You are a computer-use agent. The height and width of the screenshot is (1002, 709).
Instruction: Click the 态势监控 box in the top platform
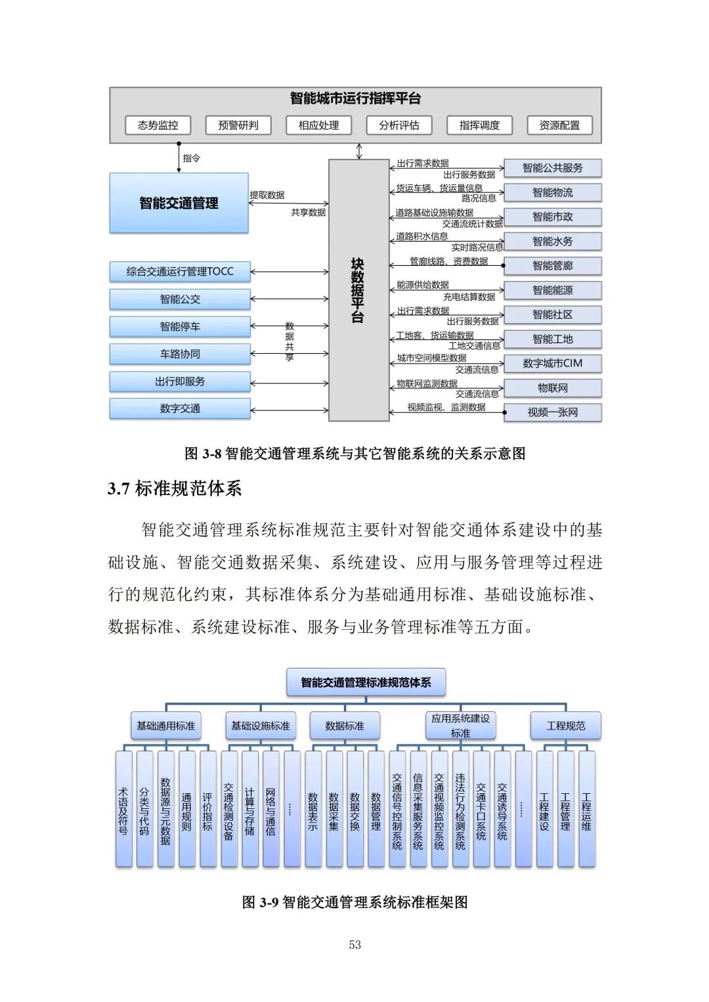158,125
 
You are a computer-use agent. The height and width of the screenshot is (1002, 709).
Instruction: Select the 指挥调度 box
479,125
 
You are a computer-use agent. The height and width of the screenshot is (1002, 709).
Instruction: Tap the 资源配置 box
559,125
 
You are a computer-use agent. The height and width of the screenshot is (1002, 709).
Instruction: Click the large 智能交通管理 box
179,203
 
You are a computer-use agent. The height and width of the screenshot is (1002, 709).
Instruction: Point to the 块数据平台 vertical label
357,290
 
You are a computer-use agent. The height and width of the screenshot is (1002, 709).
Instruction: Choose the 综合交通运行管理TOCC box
180,271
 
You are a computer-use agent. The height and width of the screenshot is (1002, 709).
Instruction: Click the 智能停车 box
180,326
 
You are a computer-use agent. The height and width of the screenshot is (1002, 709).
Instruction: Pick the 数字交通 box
180,408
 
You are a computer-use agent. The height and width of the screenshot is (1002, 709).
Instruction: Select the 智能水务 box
552,241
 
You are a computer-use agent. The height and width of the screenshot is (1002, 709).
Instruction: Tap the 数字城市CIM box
552,363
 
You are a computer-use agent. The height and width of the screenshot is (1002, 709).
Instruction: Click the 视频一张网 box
552,412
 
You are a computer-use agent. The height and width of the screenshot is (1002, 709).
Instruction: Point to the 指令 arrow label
191,158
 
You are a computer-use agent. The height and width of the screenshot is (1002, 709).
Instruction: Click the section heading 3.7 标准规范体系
175,489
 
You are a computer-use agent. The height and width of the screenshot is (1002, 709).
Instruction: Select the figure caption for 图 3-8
354,453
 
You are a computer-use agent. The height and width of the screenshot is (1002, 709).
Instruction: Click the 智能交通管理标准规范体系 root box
366,682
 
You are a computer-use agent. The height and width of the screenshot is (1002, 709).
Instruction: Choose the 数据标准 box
345,726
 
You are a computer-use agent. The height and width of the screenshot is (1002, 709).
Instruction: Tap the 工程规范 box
565,726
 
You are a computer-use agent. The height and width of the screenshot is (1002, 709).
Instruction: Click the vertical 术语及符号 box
123,809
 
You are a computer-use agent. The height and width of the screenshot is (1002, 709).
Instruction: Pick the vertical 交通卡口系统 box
481,809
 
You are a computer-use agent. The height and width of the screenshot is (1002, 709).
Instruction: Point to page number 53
354,945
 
